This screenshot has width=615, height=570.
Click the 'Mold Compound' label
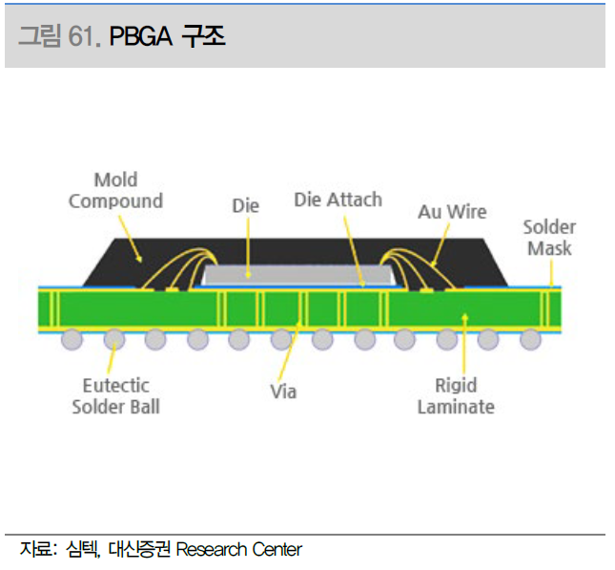pyautogui.click(x=115, y=191)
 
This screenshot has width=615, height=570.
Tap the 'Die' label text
pyautogui.click(x=246, y=206)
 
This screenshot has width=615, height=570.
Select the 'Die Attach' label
pyautogui.click(x=338, y=200)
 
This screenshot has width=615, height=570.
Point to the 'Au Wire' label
pyautogui.click(x=452, y=212)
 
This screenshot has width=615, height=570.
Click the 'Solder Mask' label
pyautogui.click(x=549, y=238)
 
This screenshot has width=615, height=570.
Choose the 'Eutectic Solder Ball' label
pyautogui.click(x=116, y=396)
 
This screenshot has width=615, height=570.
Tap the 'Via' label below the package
pyautogui.click(x=283, y=391)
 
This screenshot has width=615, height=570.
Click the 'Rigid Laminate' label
pyautogui.click(x=456, y=396)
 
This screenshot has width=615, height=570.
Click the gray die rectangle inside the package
pyautogui.click(x=298, y=275)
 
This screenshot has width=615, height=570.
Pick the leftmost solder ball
pyautogui.click(x=72, y=339)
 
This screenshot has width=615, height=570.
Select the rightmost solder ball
pyautogui.click(x=530, y=339)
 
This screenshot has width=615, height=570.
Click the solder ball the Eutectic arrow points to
pyautogui.click(x=114, y=339)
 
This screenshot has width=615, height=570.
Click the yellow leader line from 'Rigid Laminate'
pyautogui.click(x=464, y=344)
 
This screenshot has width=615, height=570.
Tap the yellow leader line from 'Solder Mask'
pyautogui.click(x=551, y=274)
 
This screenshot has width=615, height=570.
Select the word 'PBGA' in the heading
pyautogui.click(x=140, y=36)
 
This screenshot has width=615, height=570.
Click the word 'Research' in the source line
pyautogui.click(x=212, y=550)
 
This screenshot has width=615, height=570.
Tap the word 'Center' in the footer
pyautogui.click(x=277, y=550)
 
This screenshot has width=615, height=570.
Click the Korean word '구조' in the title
pyautogui.click(x=203, y=36)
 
